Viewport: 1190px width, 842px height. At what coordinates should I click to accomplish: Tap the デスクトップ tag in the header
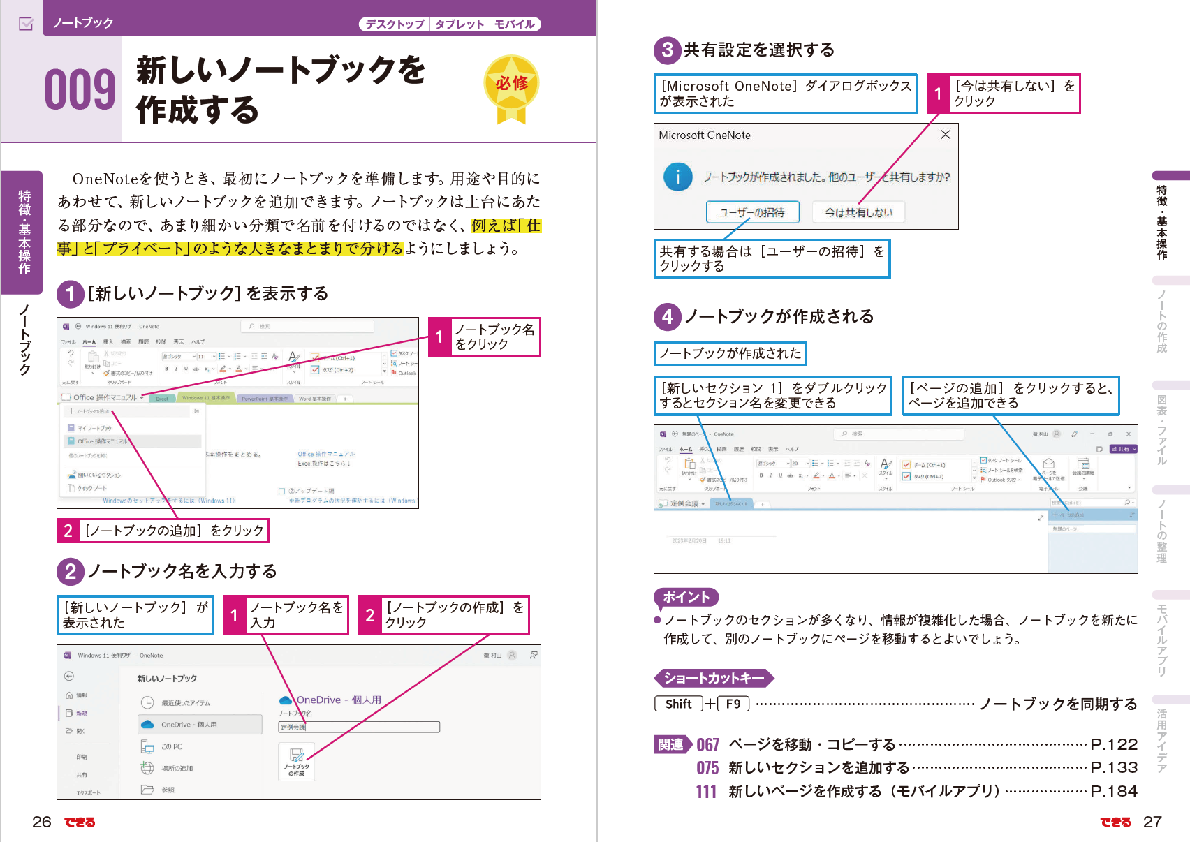pos(395,24)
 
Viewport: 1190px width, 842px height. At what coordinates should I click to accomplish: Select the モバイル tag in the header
pos(515,24)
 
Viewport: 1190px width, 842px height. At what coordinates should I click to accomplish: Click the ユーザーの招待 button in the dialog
pos(751,212)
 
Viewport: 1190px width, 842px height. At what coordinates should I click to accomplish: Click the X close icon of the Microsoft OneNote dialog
pos(945,135)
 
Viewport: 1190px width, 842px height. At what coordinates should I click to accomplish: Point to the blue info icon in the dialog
pos(677,177)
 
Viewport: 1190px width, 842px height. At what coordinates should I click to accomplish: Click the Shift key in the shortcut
pos(678,704)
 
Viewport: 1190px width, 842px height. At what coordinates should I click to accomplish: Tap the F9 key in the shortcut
pos(733,704)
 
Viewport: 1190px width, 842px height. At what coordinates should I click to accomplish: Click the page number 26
pos(41,822)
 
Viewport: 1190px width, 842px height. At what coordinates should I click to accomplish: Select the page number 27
pos(1152,822)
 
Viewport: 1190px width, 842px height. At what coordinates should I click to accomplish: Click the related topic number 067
pos(707,745)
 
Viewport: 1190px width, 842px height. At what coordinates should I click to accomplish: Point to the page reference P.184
pos(1114,791)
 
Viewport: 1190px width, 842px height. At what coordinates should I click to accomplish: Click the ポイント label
pos(686,597)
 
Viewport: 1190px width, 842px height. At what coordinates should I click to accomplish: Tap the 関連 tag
pos(671,745)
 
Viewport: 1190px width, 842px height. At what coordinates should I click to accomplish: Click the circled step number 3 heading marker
pos(668,50)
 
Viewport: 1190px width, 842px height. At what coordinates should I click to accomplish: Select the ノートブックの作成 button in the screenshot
pos(296,762)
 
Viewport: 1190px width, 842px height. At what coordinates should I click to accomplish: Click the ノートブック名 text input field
pos(359,727)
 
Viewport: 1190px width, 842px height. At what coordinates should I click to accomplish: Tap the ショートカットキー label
pos(713,678)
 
